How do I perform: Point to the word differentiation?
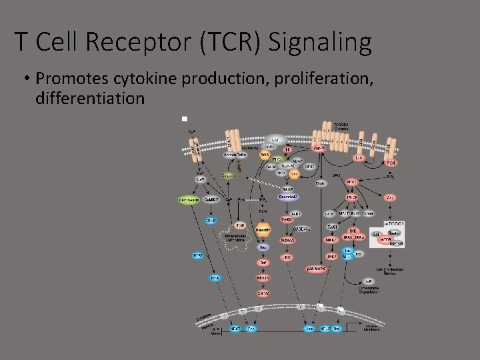[x=90, y=98]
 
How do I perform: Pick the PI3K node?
[x=391, y=162]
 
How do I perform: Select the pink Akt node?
[x=391, y=197]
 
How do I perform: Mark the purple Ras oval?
[x=263, y=246]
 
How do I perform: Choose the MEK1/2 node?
[x=263, y=277]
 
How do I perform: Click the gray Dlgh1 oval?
[x=320, y=183]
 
